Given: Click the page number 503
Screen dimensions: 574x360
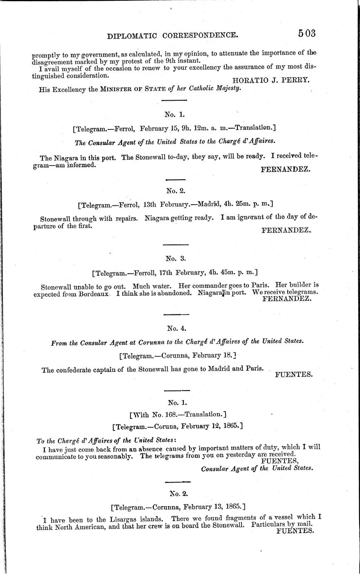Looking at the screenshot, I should (x=307, y=33).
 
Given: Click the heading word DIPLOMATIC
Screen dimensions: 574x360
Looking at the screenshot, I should (x=132, y=36).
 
